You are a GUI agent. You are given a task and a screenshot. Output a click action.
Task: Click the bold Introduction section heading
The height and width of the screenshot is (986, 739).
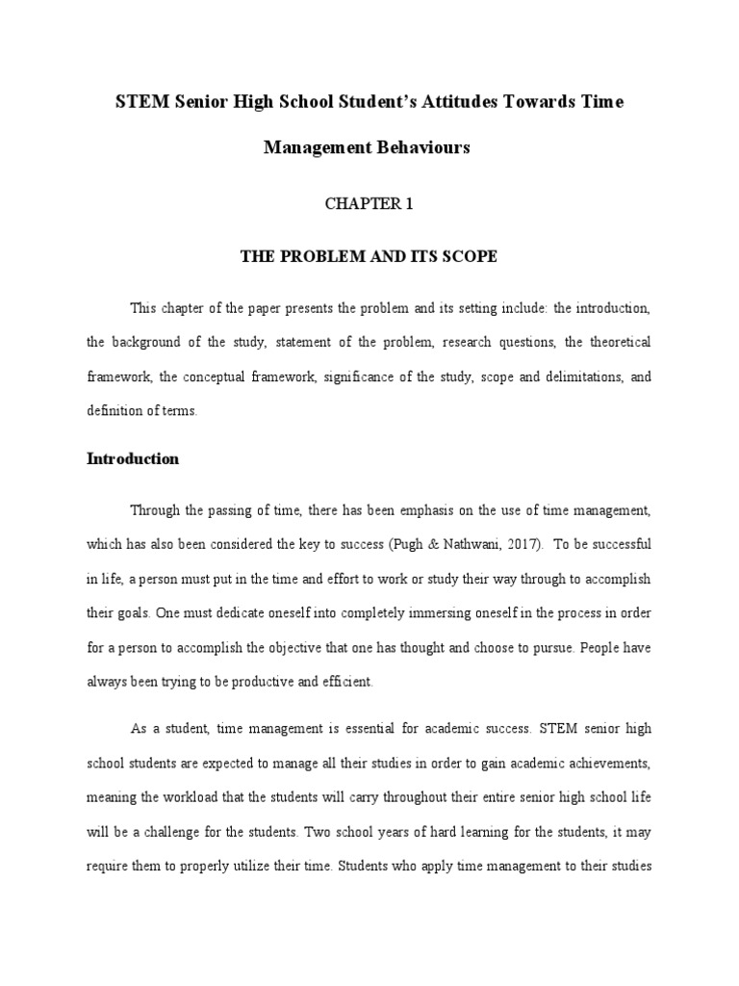click(x=133, y=459)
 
